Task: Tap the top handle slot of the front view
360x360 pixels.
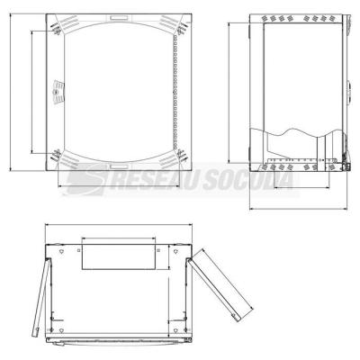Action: click(x=119, y=18)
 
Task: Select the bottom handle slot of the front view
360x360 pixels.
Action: click(x=119, y=166)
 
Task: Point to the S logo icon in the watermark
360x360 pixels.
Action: click(x=87, y=180)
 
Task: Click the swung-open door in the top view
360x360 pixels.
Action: click(x=222, y=285)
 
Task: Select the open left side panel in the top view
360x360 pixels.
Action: click(x=41, y=298)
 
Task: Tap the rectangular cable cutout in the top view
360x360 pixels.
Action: click(x=119, y=256)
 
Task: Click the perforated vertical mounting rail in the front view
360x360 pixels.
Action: click(x=175, y=92)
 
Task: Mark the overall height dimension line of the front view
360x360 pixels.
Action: click(x=10, y=92)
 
